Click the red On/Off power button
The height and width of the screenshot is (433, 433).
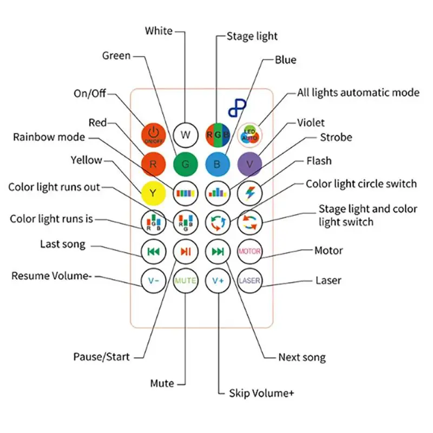coord(154,135)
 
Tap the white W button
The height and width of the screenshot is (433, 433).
coord(186,135)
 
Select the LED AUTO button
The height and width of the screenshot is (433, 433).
coord(250,135)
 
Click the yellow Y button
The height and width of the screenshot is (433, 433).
coord(154,193)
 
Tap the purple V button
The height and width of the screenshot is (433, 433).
coord(250,164)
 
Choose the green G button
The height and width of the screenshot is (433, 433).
coord(186,164)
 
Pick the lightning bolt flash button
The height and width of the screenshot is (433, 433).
coord(250,193)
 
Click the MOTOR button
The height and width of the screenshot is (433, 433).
coord(250,252)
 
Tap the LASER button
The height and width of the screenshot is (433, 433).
coord(250,280)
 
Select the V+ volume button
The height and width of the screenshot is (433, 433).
coord(218,280)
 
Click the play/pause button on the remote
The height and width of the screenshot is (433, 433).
coord(186,252)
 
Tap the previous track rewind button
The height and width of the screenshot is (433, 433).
coord(154,252)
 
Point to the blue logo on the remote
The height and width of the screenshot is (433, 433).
coord(237,108)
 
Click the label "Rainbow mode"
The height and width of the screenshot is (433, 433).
coord(49,137)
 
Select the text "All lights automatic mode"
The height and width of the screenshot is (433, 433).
coord(358,93)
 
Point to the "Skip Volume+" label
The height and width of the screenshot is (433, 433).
coord(261,393)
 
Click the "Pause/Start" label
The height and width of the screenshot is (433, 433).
coord(101,357)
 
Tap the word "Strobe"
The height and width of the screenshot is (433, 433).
coord(336,137)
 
